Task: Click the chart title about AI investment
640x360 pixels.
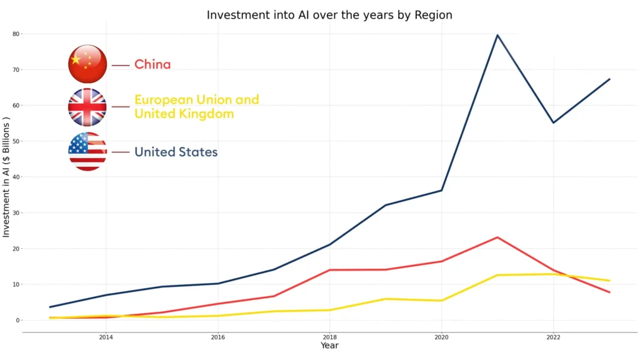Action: pos(329,14)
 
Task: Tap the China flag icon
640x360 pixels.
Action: pos(87,64)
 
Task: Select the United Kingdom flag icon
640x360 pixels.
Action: pos(87,107)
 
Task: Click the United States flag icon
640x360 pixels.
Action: pos(87,151)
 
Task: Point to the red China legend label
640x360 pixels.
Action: pos(152,64)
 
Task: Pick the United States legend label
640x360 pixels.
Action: pos(176,152)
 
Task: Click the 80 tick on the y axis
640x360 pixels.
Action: pos(16,34)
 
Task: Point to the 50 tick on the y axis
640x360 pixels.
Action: pos(16,141)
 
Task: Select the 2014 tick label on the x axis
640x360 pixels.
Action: pos(106,337)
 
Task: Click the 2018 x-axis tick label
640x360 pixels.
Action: pos(329,337)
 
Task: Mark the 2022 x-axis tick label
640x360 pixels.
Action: pos(553,337)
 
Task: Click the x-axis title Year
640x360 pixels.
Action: pos(329,346)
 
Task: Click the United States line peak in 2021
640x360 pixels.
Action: pos(497,35)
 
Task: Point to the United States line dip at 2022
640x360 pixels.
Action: pos(553,122)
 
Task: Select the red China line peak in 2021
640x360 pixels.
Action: pos(497,237)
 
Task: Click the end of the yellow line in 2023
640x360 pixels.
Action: pos(609,281)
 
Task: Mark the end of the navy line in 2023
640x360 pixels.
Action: pos(609,79)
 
